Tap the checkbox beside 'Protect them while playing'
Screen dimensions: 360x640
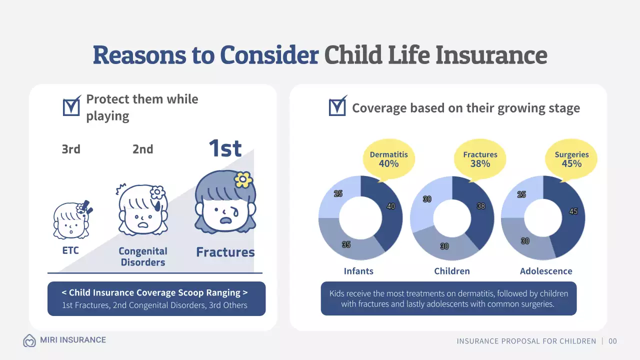point(71,106)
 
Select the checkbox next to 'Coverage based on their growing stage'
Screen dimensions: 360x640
point(337,106)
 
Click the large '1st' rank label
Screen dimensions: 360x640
point(225,148)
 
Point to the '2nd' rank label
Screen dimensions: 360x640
point(142,149)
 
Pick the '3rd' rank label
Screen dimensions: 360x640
point(70,149)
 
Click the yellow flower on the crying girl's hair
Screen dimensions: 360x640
point(243,178)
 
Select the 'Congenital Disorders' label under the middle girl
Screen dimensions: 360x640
point(143,256)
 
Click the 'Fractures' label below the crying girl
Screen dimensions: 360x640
point(225,252)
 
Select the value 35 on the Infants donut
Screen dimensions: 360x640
point(346,244)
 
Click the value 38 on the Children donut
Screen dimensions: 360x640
point(481,206)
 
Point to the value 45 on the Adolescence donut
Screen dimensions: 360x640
point(573,211)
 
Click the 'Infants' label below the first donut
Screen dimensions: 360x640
point(358,271)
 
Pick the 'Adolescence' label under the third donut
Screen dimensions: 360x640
point(546,271)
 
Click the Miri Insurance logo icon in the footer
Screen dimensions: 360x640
point(29,340)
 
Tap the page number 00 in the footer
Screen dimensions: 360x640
point(612,341)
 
